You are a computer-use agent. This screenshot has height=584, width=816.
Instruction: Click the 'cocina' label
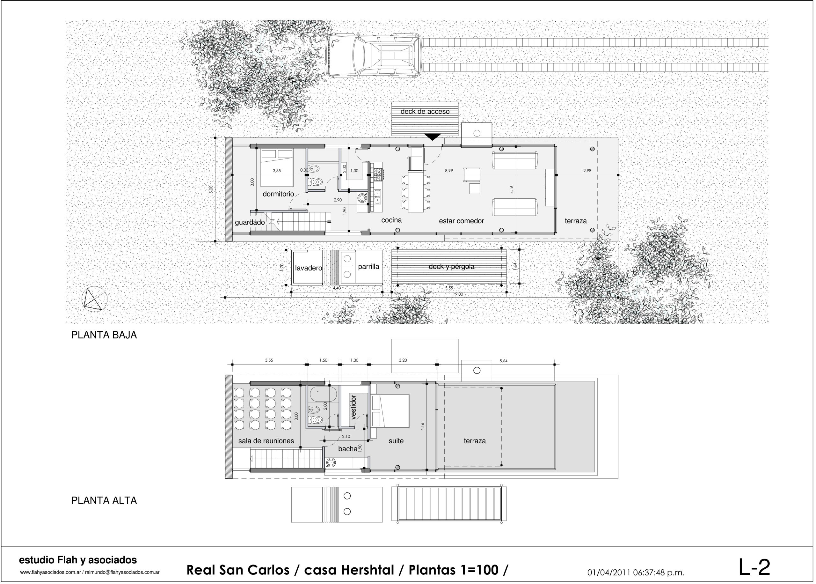[391, 220]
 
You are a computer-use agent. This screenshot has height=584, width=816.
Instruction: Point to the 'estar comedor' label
[461, 221]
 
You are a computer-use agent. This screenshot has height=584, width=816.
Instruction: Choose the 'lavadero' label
[308, 268]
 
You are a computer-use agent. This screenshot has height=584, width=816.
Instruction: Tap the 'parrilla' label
[369, 267]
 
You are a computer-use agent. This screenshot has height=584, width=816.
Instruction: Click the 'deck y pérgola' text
[451, 267]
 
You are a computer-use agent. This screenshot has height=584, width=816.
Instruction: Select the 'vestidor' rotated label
[353, 407]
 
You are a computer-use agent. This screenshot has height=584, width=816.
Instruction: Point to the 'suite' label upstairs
[396, 441]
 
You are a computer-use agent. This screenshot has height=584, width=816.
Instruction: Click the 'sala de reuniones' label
[266, 441]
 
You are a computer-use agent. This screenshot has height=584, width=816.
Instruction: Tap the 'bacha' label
[347, 449]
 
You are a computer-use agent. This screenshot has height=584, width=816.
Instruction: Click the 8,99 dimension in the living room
[449, 171]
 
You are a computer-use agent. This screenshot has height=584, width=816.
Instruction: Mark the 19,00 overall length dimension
[458, 294]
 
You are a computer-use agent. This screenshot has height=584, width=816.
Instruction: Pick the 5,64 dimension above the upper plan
[503, 361]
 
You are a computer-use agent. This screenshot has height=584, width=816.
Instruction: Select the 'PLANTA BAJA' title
[104, 335]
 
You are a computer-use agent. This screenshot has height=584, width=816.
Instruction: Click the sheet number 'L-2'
[754, 567]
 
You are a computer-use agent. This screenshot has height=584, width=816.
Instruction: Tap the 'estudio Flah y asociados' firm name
[78, 560]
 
